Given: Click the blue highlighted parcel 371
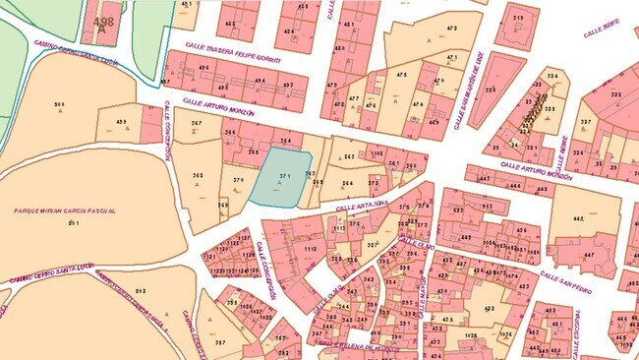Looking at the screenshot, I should [281, 178].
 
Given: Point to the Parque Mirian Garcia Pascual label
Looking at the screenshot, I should [65, 210].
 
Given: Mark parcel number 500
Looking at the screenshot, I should [59, 104].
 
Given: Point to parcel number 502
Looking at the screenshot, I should [140, 291].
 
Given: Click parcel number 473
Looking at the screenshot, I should [451, 30].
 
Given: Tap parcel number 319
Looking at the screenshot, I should [518, 19].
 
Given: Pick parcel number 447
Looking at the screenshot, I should [588, 255].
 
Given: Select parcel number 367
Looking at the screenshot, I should [197, 123].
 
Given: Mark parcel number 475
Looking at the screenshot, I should [401, 74].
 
